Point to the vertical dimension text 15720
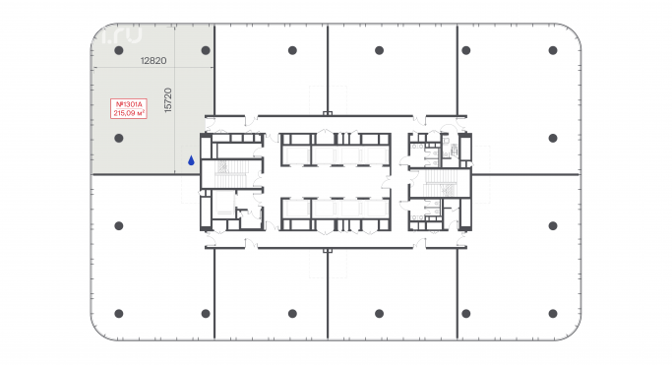pos(168,100)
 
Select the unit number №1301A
pos(130,103)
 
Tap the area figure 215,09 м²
pos(130,112)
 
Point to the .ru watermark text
pos(121,34)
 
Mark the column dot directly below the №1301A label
pos(118,140)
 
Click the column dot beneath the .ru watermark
pos(118,50)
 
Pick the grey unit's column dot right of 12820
pos(205,50)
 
